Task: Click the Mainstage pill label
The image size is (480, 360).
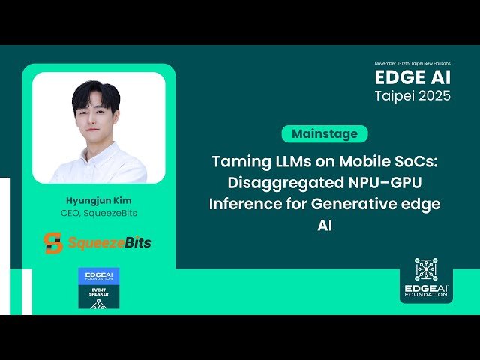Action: coord(325,134)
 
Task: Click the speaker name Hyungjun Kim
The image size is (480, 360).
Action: coord(98,201)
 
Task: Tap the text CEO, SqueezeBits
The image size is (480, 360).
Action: coord(98,214)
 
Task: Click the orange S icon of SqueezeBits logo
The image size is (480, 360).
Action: coord(52,243)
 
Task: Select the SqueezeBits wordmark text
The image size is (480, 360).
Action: coord(109,243)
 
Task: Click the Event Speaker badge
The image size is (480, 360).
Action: coord(98,287)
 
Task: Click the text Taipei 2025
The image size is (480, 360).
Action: coord(413,97)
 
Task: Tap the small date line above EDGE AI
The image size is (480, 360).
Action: coord(413,64)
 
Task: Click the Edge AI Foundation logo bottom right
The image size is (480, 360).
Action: coord(425,279)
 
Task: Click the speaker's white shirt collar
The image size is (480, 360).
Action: coord(97,150)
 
